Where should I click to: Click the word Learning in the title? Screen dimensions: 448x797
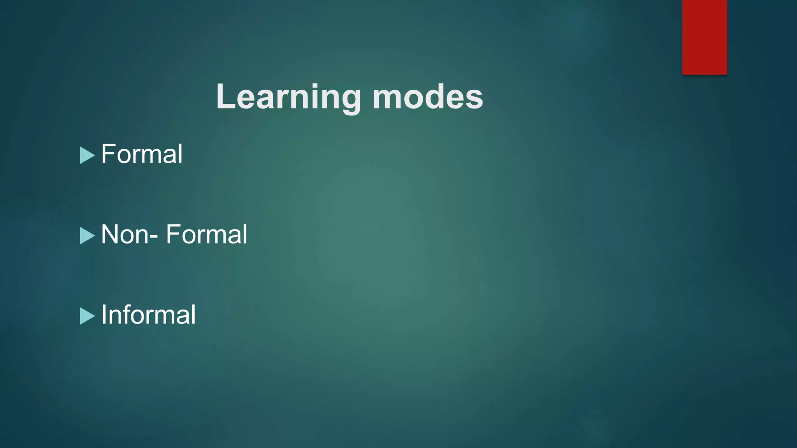(288, 97)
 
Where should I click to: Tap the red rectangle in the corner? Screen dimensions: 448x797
(704, 37)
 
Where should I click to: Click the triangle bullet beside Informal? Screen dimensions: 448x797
(87, 316)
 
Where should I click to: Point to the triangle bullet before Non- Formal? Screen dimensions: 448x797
(87, 236)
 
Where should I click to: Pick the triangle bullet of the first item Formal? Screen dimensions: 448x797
(87, 155)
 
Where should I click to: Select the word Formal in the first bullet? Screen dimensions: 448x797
(142, 154)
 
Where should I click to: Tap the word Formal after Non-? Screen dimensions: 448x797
(207, 234)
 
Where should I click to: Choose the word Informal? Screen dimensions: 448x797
(148, 315)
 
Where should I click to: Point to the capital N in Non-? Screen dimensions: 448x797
(110, 234)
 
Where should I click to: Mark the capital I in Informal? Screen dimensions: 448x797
(104, 315)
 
